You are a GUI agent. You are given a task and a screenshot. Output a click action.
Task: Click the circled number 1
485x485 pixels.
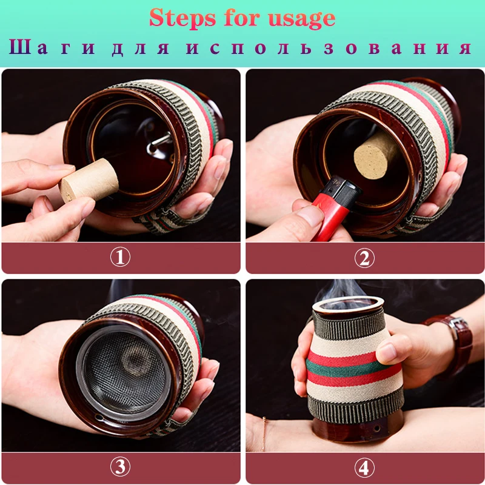point(120,257)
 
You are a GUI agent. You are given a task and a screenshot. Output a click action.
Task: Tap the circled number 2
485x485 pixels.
point(364,258)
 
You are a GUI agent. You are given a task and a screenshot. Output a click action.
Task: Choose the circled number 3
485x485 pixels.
point(120,467)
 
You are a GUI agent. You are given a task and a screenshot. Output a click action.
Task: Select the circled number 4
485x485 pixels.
point(364,467)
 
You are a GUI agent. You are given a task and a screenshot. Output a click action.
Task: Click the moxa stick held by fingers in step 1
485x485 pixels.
point(89,180)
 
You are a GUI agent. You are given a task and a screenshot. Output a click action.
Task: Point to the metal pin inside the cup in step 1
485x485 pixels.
point(159,143)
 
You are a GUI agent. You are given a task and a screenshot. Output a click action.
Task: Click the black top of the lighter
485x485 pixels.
point(344,189)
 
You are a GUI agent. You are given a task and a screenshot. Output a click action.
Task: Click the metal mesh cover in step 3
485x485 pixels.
point(124,372)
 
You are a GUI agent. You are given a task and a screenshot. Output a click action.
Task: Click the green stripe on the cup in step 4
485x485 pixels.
point(346,368)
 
